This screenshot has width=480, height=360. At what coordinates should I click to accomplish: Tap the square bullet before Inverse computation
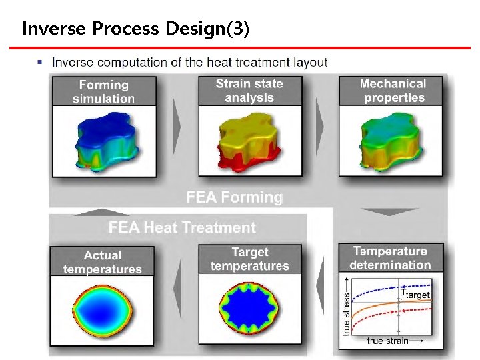[x=41, y=63]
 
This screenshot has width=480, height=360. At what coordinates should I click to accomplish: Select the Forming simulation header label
[x=103, y=92]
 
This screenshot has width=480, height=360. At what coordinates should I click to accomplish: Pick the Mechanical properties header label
[x=393, y=91]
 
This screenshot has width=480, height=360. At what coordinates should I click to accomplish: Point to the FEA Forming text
[x=234, y=197]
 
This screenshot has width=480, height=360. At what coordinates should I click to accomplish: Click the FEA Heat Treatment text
[x=182, y=228]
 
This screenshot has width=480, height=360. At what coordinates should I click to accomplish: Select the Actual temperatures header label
[x=103, y=262]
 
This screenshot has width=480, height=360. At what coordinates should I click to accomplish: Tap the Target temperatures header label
[x=250, y=259]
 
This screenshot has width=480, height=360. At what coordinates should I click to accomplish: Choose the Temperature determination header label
[x=392, y=258]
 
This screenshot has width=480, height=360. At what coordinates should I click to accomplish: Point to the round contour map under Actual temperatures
[x=103, y=309]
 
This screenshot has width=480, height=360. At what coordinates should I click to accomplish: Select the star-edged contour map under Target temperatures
[x=249, y=309]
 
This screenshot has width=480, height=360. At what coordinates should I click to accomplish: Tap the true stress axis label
[x=347, y=313]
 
